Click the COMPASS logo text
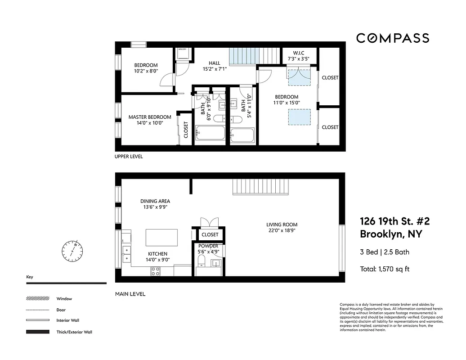click(393, 38)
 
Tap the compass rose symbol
click(72, 251)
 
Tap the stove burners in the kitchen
click(155, 271)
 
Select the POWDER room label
click(208, 246)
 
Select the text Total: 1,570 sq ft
click(385, 269)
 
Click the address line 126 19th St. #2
click(394, 221)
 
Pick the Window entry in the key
click(64, 299)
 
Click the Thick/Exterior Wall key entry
click(74, 332)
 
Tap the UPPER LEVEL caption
click(129, 157)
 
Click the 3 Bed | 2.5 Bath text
click(385, 252)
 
